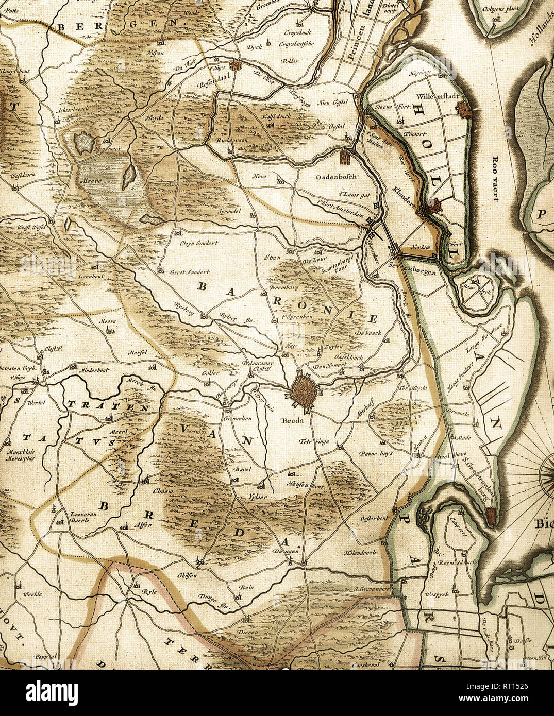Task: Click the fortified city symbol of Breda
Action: [304, 392]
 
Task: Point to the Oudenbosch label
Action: [337, 176]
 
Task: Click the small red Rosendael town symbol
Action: [236, 65]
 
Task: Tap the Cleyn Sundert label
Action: [199, 243]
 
